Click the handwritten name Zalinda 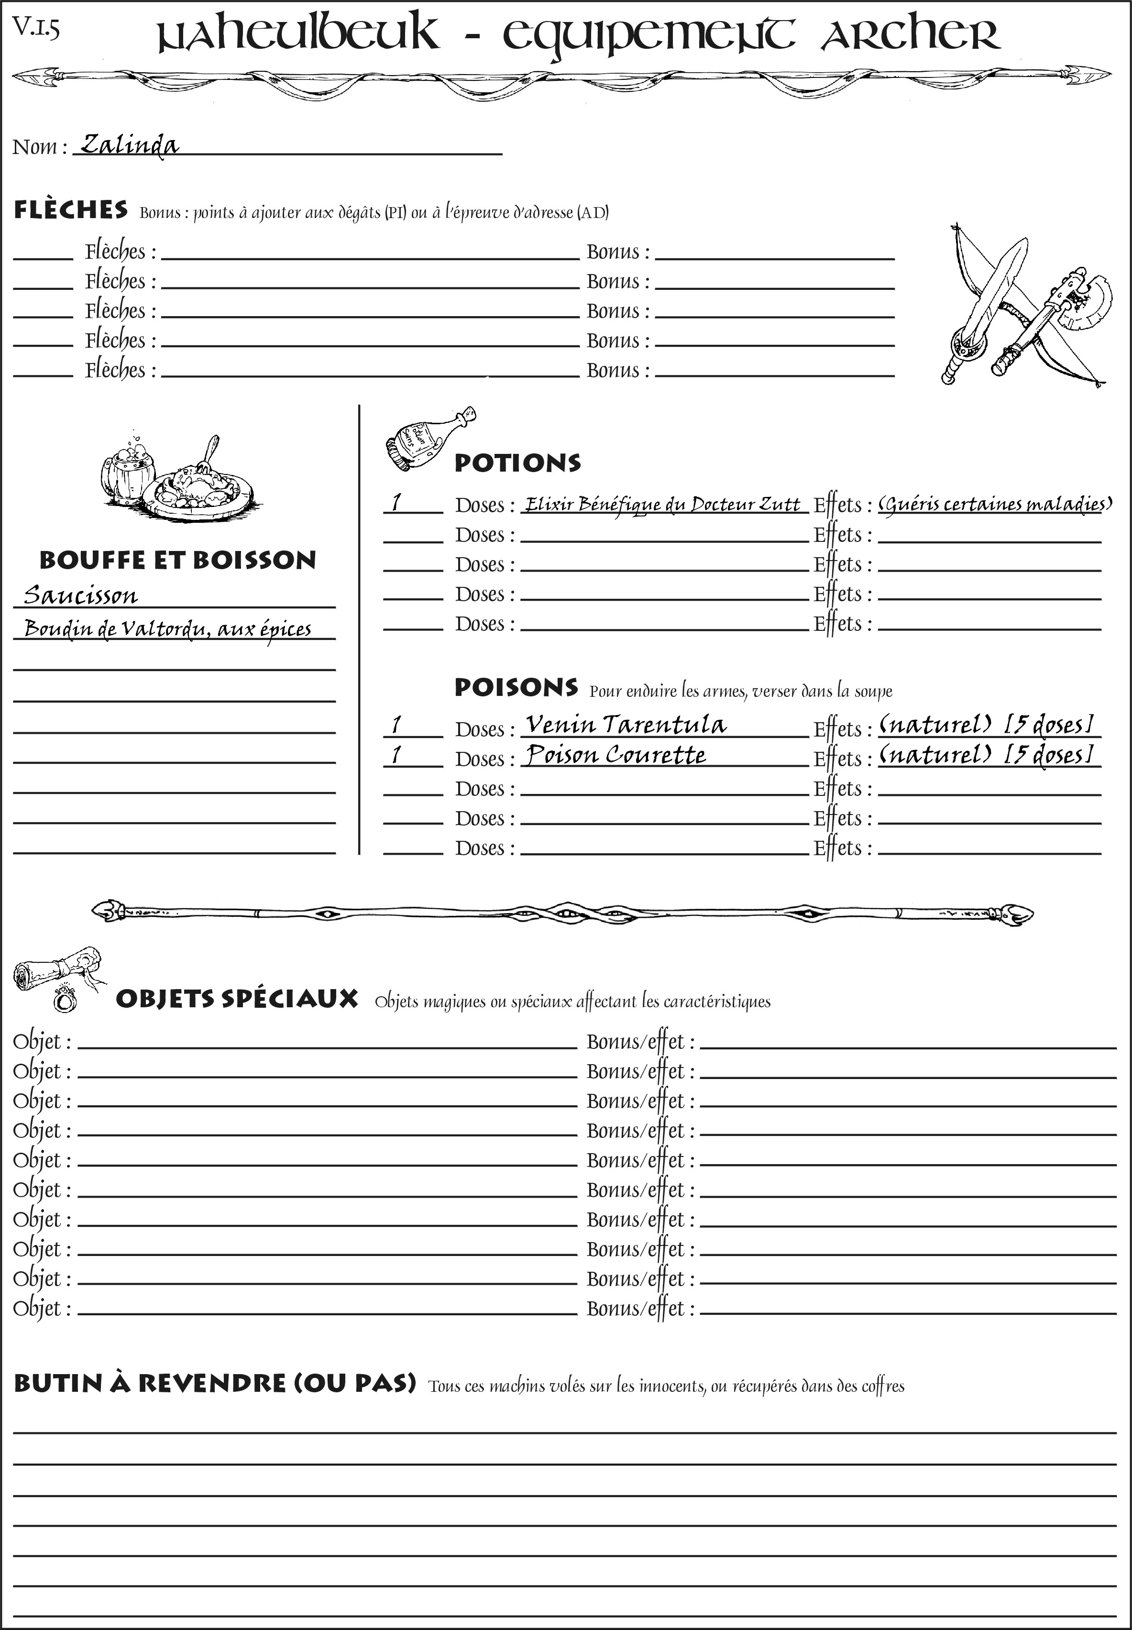tap(129, 145)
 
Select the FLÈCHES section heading tap(71, 210)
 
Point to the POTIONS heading tap(517, 463)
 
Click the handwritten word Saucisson tap(80, 595)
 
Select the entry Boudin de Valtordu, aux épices tap(167, 629)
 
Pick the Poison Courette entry tap(615, 755)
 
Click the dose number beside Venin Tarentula tap(396, 725)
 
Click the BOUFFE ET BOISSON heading tap(177, 561)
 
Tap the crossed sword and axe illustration tap(1022, 305)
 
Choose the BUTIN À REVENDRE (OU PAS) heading tap(214, 1383)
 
